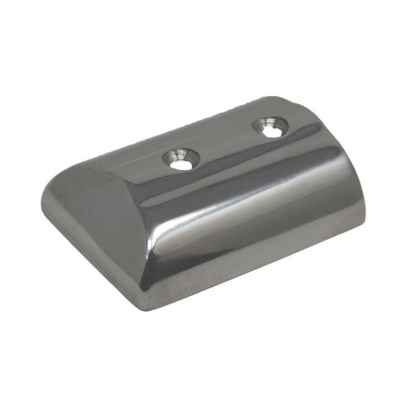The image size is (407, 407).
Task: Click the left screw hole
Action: tap(181, 158)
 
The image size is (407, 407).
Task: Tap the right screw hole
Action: tap(269, 125)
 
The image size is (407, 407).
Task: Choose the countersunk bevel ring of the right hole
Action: tap(260, 123)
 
